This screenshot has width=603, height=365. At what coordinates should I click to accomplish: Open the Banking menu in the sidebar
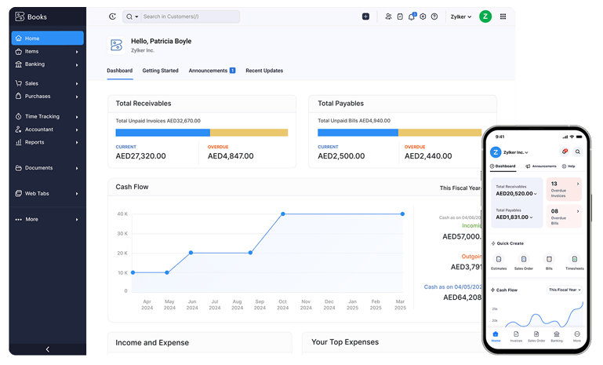[x=35, y=64]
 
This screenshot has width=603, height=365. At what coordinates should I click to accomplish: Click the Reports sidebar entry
[x=35, y=142]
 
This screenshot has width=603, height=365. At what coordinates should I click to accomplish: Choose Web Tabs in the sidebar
[x=37, y=193]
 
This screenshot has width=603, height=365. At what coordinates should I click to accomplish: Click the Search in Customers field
[x=188, y=16]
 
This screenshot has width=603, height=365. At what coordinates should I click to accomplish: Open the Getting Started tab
[x=160, y=71]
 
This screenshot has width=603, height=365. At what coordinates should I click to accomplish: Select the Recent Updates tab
[x=264, y=71]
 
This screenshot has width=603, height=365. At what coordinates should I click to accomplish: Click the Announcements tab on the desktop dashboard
[x=208, y=71]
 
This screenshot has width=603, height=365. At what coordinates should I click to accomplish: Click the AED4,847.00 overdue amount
[x=231, y=156]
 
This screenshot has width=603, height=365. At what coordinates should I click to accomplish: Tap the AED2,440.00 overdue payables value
[x=430, y=156]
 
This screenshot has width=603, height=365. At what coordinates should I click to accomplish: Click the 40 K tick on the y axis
[x=122, y=214]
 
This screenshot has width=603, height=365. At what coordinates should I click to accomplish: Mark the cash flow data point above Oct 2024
[x=283, y=214]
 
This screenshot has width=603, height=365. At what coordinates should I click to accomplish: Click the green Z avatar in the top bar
[x=485, y=16]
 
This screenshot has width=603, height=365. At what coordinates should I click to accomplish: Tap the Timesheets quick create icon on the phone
[x=574, y=261]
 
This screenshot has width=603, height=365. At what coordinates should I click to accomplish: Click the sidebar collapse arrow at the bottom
[x=47, y=349]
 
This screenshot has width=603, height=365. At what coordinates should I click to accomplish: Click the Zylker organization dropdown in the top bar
[x=460, y=16]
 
